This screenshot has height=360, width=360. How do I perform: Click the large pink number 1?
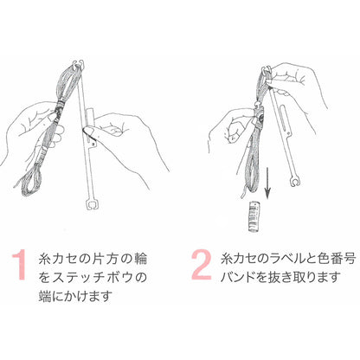[x=20, y=265]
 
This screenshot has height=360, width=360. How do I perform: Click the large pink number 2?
[x=202, y=265]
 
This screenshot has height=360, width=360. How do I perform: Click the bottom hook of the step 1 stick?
[x=93, y=203]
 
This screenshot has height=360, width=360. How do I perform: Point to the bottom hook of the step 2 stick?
[x=294, y=183]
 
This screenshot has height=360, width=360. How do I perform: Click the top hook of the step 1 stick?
[x=78, y=64]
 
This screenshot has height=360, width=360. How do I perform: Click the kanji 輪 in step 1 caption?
[x=140, y=259]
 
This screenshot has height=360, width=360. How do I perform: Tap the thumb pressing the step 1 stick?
[x=91, y=132]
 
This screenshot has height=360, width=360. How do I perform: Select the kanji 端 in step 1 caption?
[x=46, y=296]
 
